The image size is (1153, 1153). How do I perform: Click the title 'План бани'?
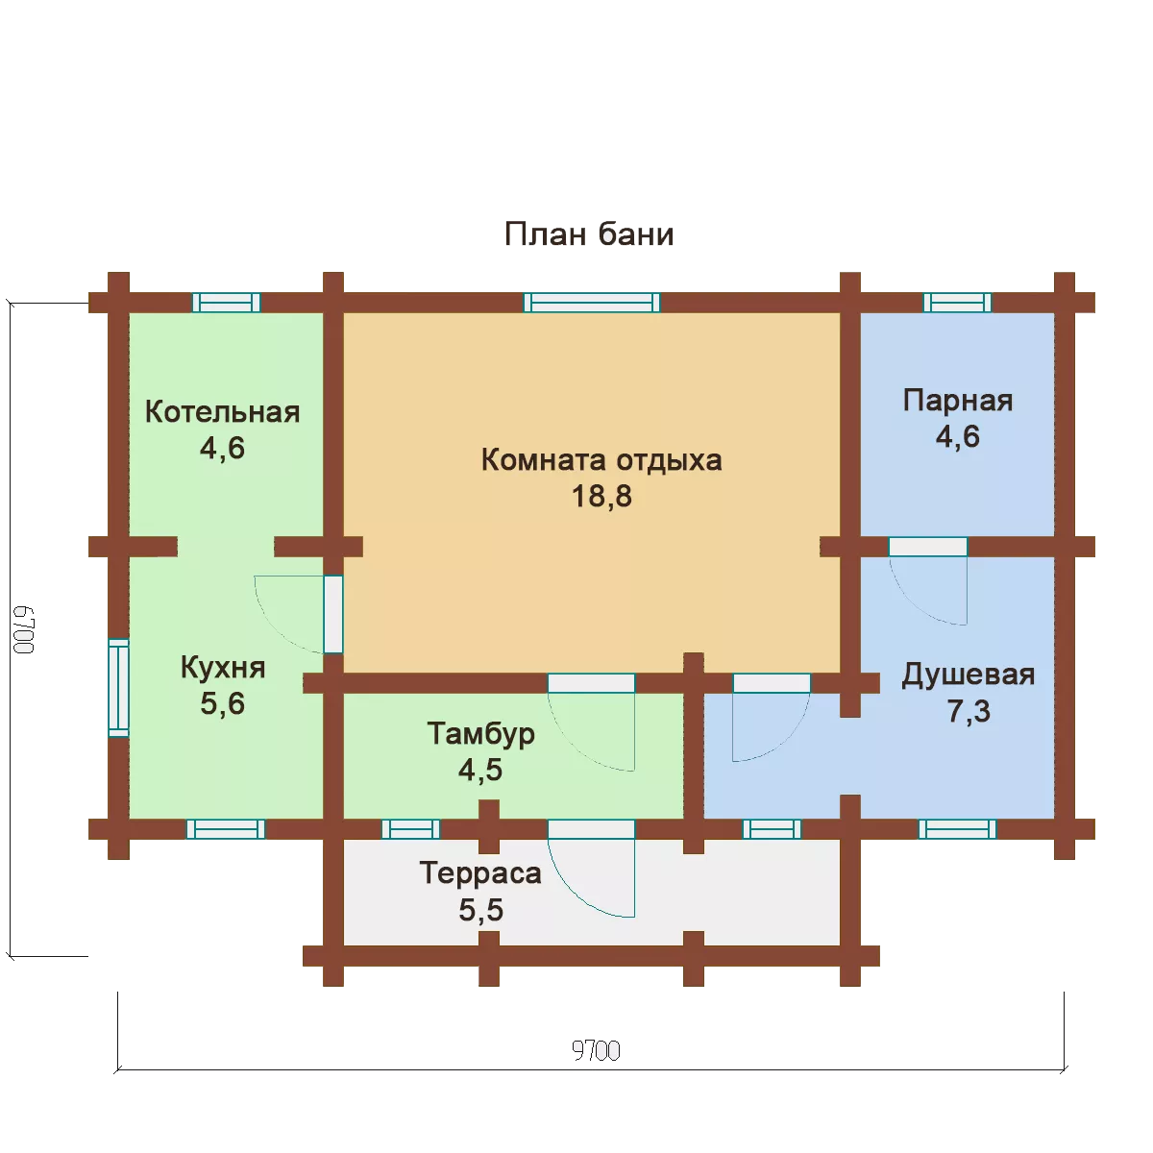(589, 233)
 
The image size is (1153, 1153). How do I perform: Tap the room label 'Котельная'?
(222, 412)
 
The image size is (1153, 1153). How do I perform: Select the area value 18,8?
(601, 496)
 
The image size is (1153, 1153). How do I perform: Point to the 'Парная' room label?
(957, 401)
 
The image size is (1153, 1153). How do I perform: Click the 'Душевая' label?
(968, 675)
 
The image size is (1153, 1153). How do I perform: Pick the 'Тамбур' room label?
(480, 734)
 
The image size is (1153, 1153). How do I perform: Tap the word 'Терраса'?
(480, 873)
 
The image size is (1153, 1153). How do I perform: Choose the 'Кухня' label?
(223, 667)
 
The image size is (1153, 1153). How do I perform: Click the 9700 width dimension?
(596, 1051)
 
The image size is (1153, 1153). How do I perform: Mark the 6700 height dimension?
(23, 629)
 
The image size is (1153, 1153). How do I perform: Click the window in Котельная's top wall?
(226, 303)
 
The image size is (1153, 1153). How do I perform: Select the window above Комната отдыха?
(592, 303)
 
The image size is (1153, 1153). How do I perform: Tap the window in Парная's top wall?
(957, 303)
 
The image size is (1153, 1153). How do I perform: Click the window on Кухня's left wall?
(118, 688)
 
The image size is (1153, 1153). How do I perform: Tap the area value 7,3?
(969, 711)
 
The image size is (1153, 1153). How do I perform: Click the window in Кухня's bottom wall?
(226, 829)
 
